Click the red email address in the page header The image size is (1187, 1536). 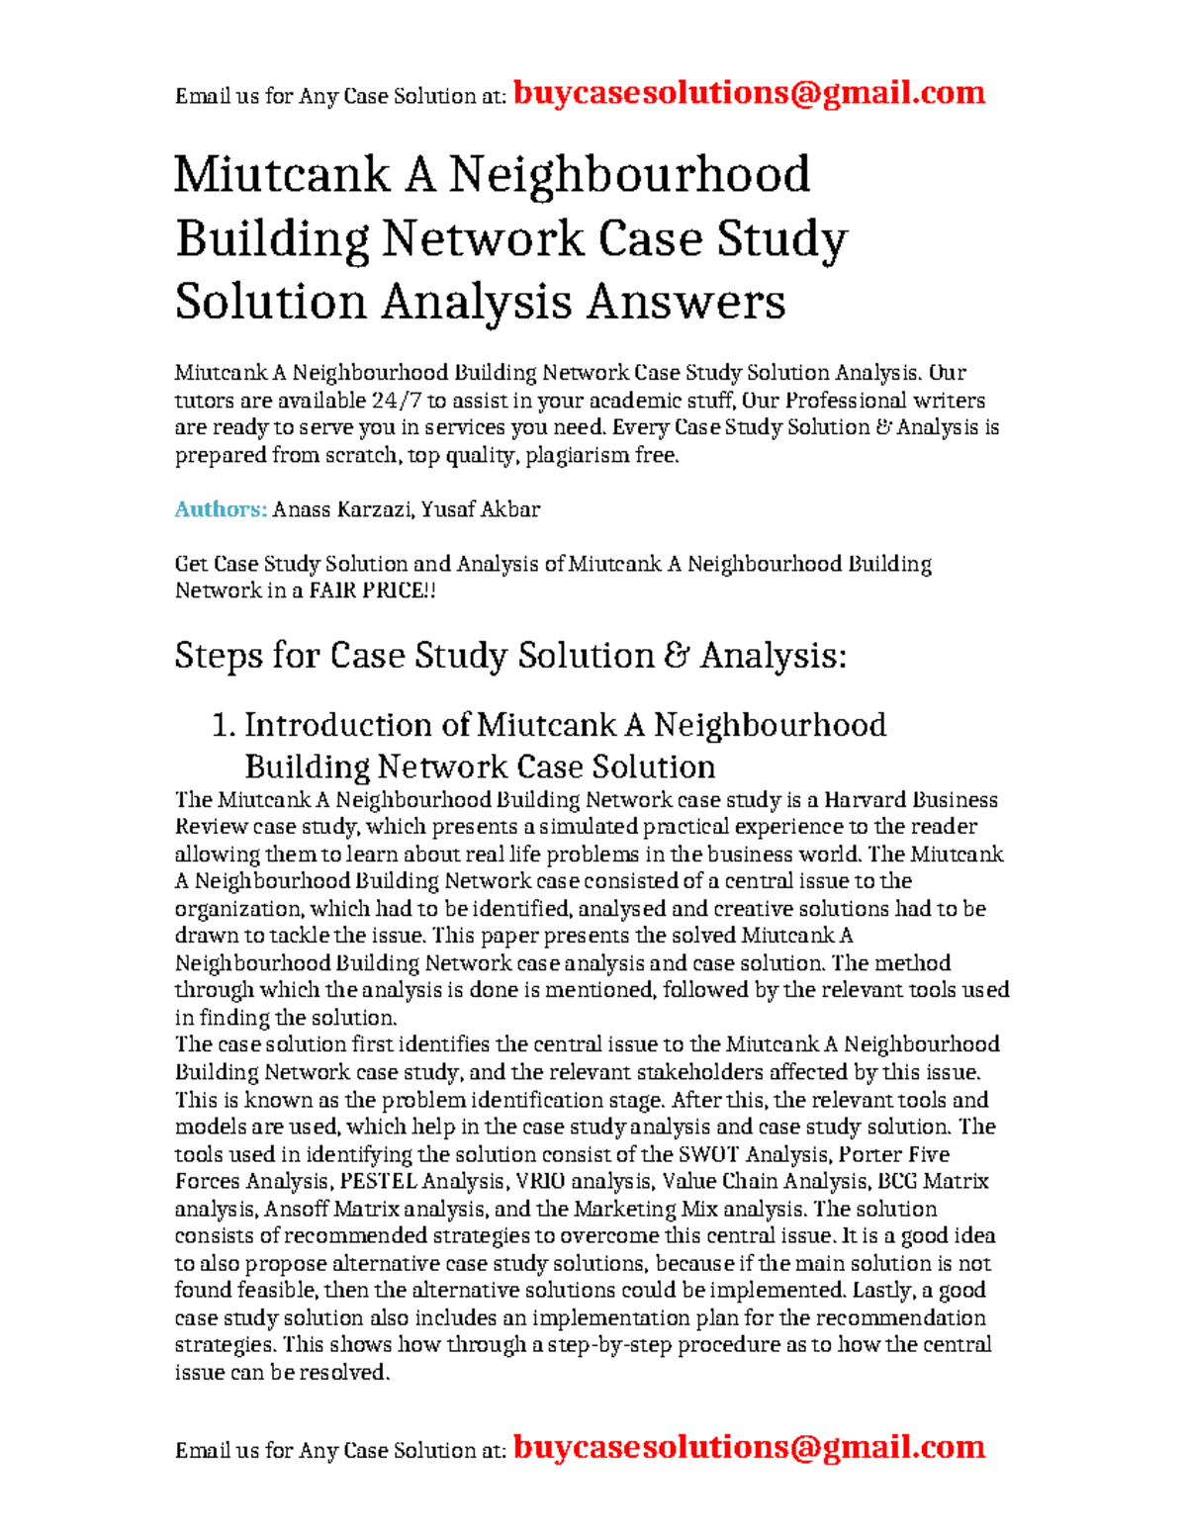(749, 93)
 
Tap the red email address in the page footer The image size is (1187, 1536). (749, 1447)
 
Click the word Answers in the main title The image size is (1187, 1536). (685, 302)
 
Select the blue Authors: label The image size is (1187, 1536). (221, 509)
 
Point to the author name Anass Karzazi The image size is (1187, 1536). (341, 509)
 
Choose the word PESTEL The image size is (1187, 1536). (378, 1181)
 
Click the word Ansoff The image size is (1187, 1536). (295, 1209)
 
